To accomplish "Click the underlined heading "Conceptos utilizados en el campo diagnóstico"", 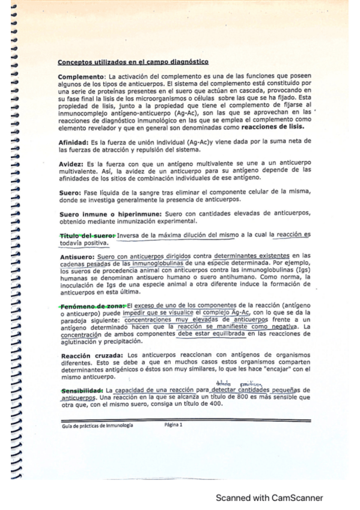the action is point(133,62).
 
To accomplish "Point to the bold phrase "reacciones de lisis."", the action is point(273,127).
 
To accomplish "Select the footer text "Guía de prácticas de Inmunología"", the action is point(97,425).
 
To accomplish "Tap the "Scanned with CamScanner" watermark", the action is point(269,498).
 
